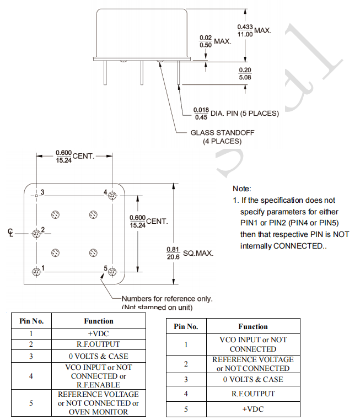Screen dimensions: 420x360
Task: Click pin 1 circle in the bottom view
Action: pyautogui.click(x=37, y=271)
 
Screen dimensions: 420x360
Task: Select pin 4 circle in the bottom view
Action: pyautogui.click(x=113, y=195)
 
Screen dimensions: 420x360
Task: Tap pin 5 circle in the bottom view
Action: pyautogui.click(x=113, y=271)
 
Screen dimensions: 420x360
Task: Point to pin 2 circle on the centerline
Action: pyautogui.click(x=37, y=233)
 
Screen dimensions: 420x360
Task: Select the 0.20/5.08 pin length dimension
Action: pyautogui.click(x=245, y=73)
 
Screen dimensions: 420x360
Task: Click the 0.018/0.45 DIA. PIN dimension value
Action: pyautogui.click(x=201, y=113)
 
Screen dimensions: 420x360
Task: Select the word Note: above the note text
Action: pyautogui.click(x=242, y=189)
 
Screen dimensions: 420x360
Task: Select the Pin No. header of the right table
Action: pyautogui.click(x=186, y=326)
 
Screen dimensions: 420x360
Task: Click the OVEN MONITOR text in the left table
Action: pyautogui.click(x=99, y=412)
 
